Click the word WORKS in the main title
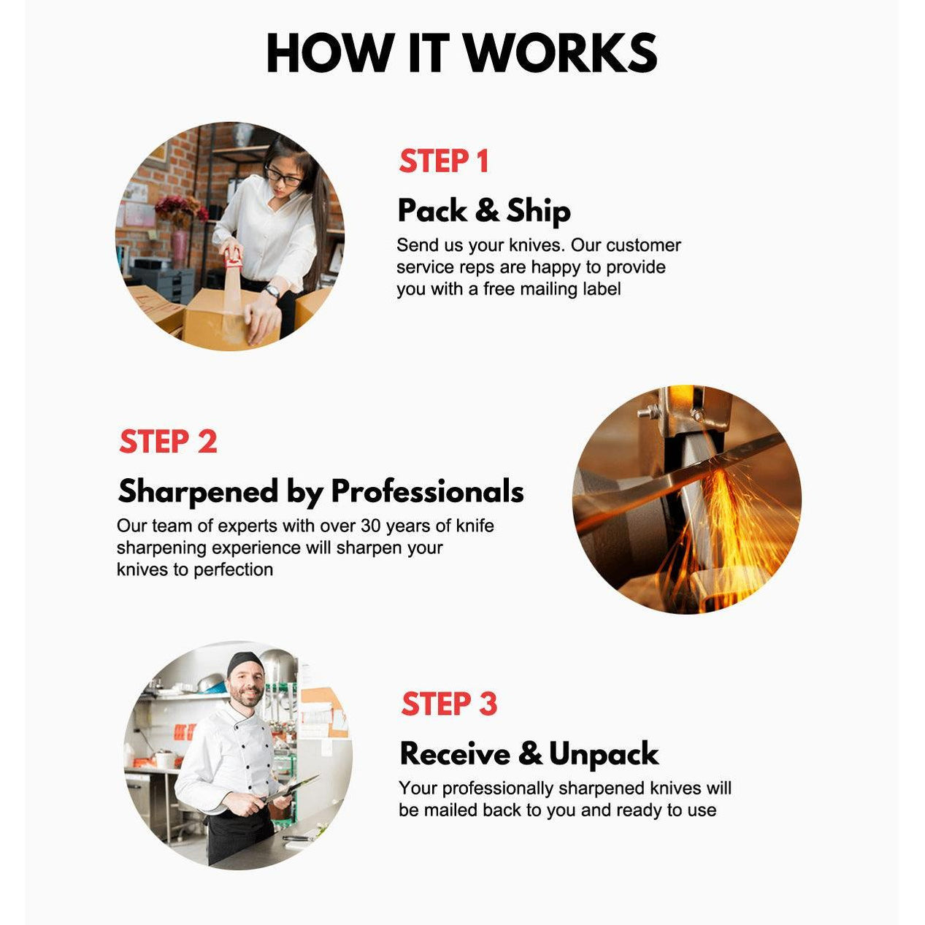(561, 53)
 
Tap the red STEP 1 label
(444, 161)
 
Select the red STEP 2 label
(168, 442)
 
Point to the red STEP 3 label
(449, 705)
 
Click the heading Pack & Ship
(484, 211)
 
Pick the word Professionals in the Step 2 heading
(427, 491)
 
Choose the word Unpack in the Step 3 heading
(603, 755)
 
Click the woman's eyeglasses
(283, 176)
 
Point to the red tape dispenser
(234, 258)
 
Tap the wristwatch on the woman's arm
(272, 291)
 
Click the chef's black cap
(245, 664)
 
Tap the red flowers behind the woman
(180, 208)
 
